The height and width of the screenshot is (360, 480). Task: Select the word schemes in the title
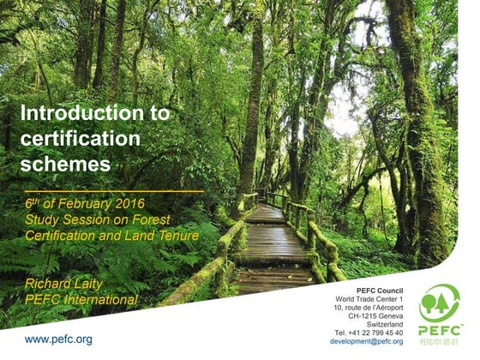[65, 162]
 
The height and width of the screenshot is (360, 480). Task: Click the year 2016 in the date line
[126, 204]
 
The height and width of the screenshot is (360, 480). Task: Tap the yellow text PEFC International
[81, 299]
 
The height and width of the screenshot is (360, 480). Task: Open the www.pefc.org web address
[58, 339]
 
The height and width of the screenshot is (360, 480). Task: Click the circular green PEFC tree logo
[440, 303]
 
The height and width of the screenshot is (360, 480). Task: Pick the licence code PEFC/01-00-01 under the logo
[440, 342]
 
